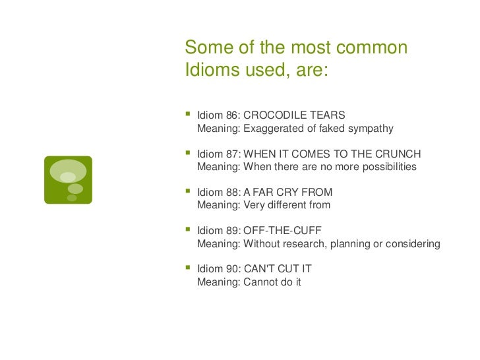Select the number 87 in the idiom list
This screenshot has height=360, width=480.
[x=233, y=154]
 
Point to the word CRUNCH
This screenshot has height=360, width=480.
[x=397, y=154]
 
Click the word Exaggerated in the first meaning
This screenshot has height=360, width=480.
[x=271, y=128]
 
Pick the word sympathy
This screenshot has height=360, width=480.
[x=371, y=128]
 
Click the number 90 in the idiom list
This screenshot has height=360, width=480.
[x=233, y=270]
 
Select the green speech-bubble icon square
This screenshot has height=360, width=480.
[x=68, y=180]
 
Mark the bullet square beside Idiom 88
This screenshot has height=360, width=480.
[x=189, y=192]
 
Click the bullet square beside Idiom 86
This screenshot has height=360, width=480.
[x=189, y=115]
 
